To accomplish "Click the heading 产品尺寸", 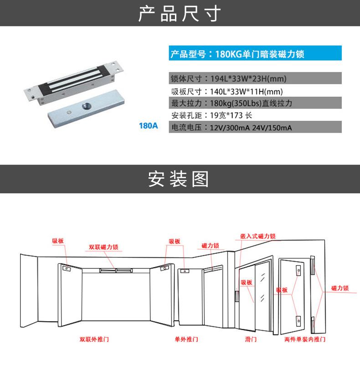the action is [x=180, y=14].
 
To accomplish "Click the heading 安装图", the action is [x=180, y=179].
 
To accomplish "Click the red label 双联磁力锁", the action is [x=103, y=247].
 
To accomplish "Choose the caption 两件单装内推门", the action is [x=305, y=340].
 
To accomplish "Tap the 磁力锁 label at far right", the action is [x=340, y=288].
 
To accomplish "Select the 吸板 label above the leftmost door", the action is [x=58, y=241].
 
